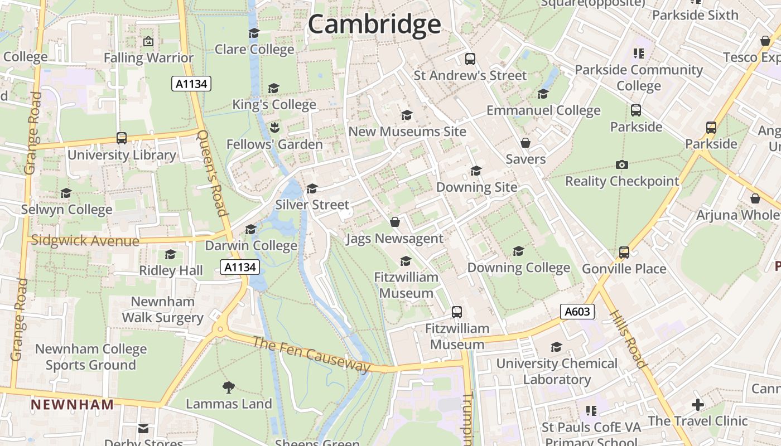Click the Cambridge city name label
click(x=374, y=25)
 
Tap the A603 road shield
click(x=577, y=312)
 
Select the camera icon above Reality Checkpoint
click(x=621, y=164)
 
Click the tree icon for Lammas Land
click(x=228, y=387)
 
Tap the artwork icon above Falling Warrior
click(x=148, y=41)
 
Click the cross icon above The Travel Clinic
click(x=697, y=404)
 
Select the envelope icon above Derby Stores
click(x=143, y=428)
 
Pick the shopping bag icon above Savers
click(x=525, y=143)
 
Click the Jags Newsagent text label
click(x=394, y=239)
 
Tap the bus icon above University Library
click(x=122, y=138)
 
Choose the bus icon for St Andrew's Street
click(x=470, y=59)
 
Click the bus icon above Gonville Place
click(x=624, y=252)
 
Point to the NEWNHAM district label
click(x=72, y=404)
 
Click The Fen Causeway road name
click(x=311, y=354)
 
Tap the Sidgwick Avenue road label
click(x=85, y=241)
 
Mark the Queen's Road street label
click(x=213, y=173)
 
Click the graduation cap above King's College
click(x=273, y=88)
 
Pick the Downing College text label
click(x=518, y=268)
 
